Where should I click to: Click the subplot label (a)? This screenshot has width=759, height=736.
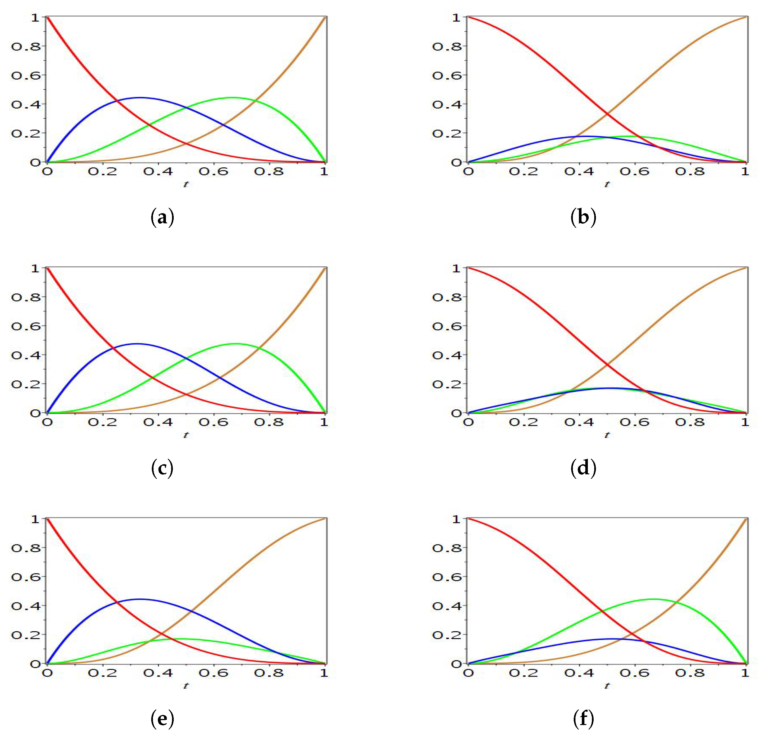pyautogui.click(x=162, y=218)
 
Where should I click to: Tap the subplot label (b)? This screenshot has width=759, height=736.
pyautogui.click(x=583, y=218)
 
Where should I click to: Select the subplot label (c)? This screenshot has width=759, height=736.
pyautogui.click(x=162, y=469)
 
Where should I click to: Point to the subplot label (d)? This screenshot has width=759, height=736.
pyautogui.click(x=583, y=469)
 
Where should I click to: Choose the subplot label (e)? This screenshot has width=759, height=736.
pyautogui.click(x=162, y=719)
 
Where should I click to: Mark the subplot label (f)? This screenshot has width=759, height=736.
pyautogui.click(x=583, y=719)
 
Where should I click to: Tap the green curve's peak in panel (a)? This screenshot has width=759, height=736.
pyautogui.click(x=232, y=98)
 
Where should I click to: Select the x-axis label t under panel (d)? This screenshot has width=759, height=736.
pyautogui.click(x=607, y=435)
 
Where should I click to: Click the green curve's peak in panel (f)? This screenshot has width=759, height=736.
pyautogui.click(x=653, y=599)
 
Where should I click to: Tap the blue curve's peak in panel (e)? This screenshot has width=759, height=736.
pyautogui.click(x=140, y=599)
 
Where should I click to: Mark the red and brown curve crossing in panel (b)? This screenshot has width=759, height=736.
pyautogui.click(x=607, y=114)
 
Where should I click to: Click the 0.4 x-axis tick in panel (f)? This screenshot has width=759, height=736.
pyautogui.click(x=579, y=673)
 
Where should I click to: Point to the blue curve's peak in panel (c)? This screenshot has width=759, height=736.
pyautogui.click(x=136, y=344)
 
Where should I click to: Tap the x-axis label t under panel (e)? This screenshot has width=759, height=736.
pyautogui.click(x=186, y=686)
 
